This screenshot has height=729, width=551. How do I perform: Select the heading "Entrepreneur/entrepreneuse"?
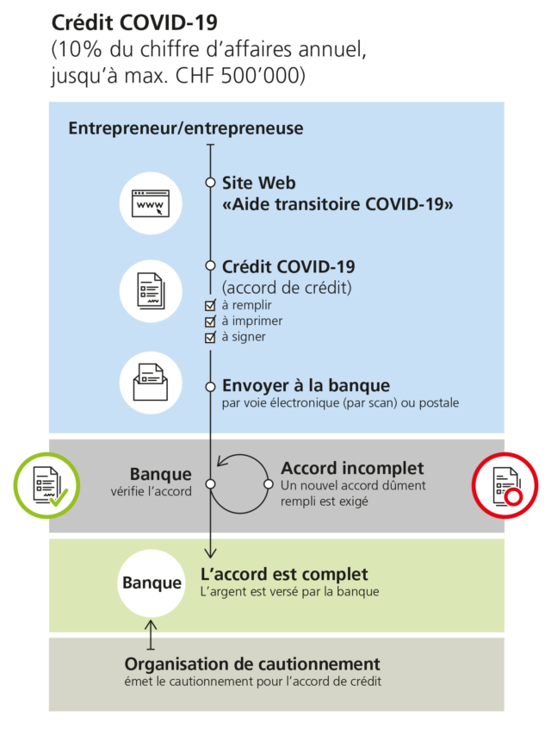tap(185, 128)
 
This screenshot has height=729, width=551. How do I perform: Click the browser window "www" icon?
tap(151, 203)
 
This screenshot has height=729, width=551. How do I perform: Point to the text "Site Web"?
tap(258, 183)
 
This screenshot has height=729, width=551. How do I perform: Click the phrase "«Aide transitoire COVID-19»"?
tap(337, 204)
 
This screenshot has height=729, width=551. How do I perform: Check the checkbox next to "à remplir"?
tap(209, 306)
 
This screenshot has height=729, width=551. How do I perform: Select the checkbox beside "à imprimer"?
tap(209, 321)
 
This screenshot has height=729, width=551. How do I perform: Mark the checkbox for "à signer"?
tap(209, 337)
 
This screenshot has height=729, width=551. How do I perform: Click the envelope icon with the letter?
tap(151, 381)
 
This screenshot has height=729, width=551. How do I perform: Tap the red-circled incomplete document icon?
tap(505, 485)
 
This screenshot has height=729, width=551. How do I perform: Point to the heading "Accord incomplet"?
tap(352, 468)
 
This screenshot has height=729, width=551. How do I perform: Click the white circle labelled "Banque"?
tap(152, 583)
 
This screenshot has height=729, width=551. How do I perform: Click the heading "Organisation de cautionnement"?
tap(252, 664)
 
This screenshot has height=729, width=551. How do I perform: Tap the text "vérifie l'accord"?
tap(151, 493)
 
